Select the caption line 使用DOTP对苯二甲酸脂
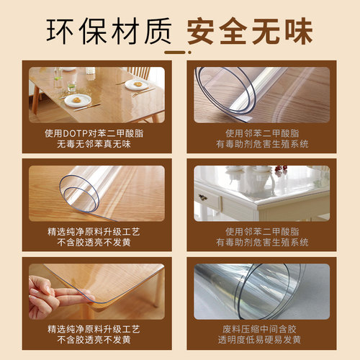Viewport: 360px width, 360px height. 96,133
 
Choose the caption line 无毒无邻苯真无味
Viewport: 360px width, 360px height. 96,145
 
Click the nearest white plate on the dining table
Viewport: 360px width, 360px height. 78,100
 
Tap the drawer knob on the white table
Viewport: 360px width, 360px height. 204,197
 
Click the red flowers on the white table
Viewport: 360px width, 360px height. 280,170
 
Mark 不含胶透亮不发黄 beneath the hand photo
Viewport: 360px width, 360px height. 96,340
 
